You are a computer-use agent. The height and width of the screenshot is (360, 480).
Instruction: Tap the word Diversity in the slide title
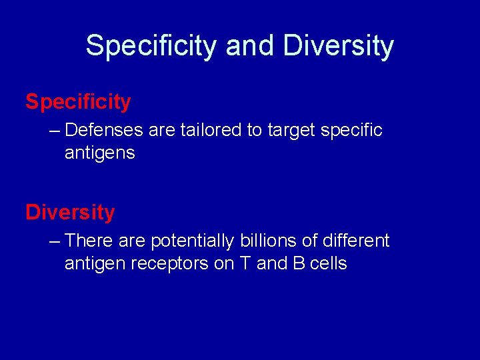tap(338, 46)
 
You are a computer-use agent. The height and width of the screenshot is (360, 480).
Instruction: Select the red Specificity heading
tap(78, 102)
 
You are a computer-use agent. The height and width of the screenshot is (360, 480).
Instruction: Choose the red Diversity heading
tap(70, 213)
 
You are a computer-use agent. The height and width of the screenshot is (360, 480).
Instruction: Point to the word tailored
tap(211, 130)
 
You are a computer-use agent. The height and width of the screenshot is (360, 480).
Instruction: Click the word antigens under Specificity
tap(99, 153)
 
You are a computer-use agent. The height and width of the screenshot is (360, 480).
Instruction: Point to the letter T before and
tap(244, 263)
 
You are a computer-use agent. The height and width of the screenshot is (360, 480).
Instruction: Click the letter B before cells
tap(299, 263)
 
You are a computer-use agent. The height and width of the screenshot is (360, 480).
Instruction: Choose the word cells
tap(329, 263)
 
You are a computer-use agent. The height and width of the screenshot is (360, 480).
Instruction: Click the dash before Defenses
tap(54, 130)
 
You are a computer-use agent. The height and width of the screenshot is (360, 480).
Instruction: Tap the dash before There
tap(54, 240)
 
